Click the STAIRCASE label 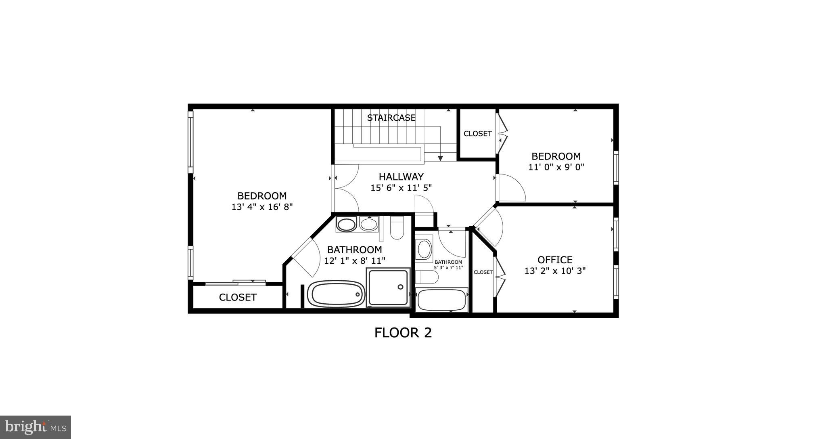pyautogui.click(x=391, y=118)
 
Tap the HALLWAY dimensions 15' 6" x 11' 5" pyautogui.click(x=401, y=188)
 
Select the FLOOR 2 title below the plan pyautogui.click(x=403, y=333)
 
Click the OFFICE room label pyautogui.click(x=555, y=260)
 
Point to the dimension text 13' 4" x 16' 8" pyautogui.click(x=262, y=207)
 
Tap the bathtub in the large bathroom pyautogui.click(x=336, y=294)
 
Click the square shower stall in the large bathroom pyautogui.click(x=388, y=287)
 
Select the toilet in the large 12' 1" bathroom pyautogui.click(x=397, y=228)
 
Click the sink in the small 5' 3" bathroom pyautogui.click(x=424, y=249)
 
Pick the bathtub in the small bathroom pyautogui.click(x=442, y=300)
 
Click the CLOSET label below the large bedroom pyautogui.click(x=238, y=298)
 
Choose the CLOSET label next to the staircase pyautogui.click(x=477, y=134)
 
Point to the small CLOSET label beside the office pyautogui.click(x=483, y=272)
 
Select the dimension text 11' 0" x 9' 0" pyautogui.click(x=556, y=167)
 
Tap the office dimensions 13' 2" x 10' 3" pyautogui.click(x=555, y=271)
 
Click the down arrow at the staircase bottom pyautogui.click(x=440, y=158)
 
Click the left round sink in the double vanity pyautogui.click(x=346, y=224)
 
